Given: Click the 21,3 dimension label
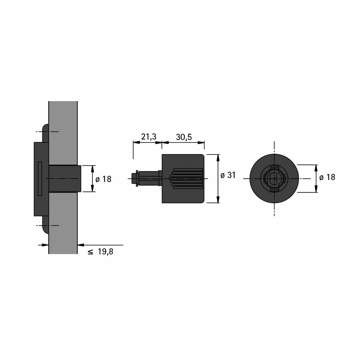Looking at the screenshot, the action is click(x=148, y=137).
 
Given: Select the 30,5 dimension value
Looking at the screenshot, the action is click(x=184, y=137).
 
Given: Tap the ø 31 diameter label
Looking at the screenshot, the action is click(x=228, y=175).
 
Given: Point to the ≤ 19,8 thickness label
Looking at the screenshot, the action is click(x=100, y=252).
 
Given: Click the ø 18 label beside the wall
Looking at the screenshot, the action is click(x=103, y=179).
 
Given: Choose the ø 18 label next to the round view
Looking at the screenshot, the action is click(x=327, y=177).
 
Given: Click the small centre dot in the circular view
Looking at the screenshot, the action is click(x=275, y=178).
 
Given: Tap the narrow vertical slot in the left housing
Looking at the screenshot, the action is click(x=40, y=178).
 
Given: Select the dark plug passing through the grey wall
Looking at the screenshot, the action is click(x=64, y=178).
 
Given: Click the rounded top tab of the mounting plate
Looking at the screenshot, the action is click(x=46, y=133).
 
